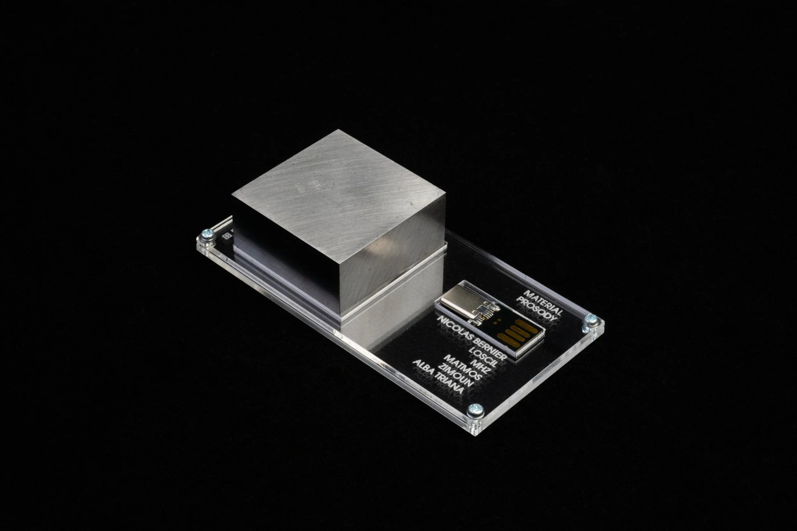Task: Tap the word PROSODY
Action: (537, 309)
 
